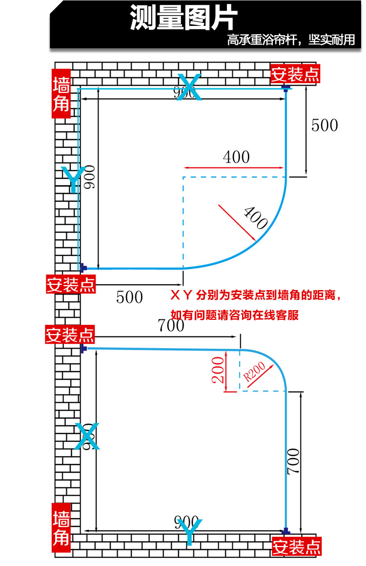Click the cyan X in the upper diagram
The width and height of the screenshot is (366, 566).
pos(188,87)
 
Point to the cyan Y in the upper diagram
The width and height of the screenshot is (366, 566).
pos(72,179)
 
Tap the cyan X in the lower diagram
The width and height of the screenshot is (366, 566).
pos(88,436)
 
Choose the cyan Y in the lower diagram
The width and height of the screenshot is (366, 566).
pos(189,532)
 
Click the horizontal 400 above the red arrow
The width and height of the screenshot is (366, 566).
pos(236,157)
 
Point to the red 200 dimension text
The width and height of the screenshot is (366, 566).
pos(218,370)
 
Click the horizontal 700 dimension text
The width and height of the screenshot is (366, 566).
pos(171,325)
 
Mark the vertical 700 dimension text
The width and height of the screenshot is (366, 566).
pos(293,462)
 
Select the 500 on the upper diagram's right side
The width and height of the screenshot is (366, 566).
pos(325,125)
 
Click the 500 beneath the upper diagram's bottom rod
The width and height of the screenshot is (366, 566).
pos(129,297)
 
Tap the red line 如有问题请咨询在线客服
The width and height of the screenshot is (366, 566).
pos(234,314)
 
